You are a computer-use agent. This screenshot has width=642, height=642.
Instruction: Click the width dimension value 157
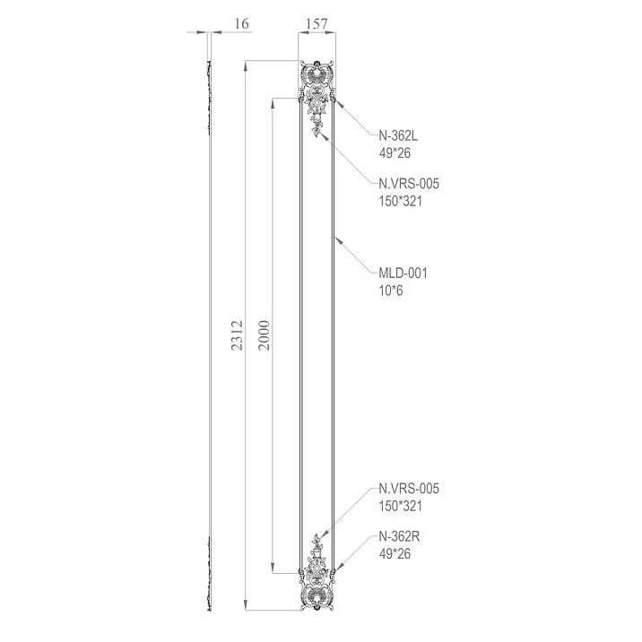click(317, 23)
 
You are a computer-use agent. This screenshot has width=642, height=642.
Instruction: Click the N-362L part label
click(398, 136)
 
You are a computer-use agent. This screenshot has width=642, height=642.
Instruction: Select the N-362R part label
click(398, 537)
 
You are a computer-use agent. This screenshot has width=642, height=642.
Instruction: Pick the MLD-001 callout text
click(403, 273)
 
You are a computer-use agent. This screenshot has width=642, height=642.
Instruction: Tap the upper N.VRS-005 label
click(409, 184)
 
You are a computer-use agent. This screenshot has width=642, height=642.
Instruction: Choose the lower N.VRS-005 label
click(409, 489)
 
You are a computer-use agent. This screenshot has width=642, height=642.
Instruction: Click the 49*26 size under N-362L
click(395, 153)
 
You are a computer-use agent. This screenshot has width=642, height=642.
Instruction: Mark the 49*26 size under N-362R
click(395, 554)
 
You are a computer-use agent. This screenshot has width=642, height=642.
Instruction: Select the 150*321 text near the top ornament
click(400, 201)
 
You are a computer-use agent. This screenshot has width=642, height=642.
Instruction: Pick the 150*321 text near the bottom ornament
click(400, 506)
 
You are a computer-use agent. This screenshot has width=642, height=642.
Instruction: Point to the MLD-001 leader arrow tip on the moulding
click(334, 239)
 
